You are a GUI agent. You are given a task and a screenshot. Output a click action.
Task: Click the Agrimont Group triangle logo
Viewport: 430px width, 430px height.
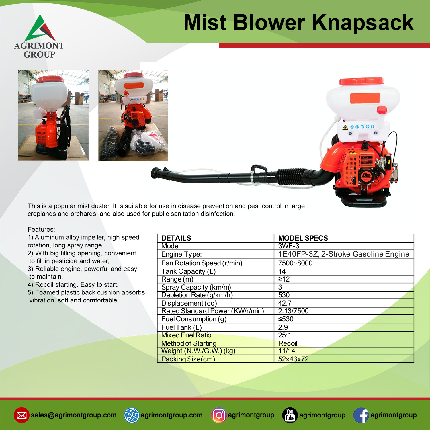(x=40, y=28)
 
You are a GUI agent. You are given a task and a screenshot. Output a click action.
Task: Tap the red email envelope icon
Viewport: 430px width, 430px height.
(x=21, y=415)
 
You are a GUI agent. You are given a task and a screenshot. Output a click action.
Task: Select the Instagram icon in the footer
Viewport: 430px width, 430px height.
(x=219, y=415)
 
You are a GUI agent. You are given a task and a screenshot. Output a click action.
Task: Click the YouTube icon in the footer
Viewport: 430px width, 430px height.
(x=290, y=415)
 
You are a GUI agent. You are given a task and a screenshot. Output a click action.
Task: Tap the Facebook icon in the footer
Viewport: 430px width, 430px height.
(x=361, y=415)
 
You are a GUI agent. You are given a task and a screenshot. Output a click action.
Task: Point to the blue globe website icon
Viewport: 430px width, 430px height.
(x=132, y=415)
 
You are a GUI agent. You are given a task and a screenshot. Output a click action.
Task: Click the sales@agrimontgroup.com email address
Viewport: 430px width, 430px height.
(x=74, y=415)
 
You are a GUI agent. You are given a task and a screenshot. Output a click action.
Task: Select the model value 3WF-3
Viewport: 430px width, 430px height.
(x=289, y=246)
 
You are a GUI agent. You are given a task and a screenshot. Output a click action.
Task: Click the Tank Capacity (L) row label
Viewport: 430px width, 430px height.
(x=188, y=271)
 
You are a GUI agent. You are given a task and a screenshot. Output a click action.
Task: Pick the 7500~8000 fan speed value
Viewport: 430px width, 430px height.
(x=295, y=263)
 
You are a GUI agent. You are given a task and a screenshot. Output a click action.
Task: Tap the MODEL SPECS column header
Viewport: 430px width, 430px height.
(x=303, y=238)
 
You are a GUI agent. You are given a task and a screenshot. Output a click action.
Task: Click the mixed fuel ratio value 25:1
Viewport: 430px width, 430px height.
(x=285, y=335)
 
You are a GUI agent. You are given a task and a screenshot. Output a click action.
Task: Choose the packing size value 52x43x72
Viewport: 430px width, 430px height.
(x=293, y=359)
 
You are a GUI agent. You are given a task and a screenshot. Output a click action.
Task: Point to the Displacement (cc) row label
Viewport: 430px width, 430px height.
(x=189, y=303)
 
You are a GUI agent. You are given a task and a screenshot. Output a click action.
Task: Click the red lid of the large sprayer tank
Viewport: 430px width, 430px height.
(x=361, y=81)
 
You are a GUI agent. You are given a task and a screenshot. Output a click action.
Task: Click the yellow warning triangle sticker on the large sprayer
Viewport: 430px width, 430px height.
(x=345, y=127)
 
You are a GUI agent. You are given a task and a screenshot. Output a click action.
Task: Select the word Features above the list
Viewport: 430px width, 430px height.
(x=41, y=229)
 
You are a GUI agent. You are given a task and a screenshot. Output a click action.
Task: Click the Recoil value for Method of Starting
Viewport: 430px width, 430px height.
(x=288, y=343)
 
